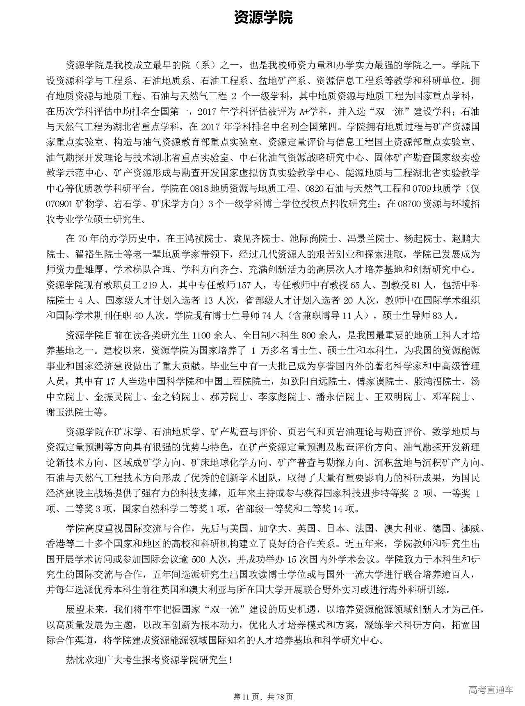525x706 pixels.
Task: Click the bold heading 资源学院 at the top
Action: pos(263,18)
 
